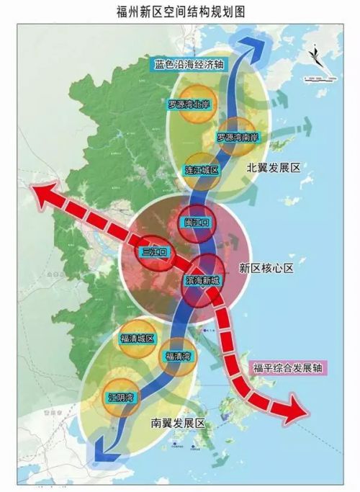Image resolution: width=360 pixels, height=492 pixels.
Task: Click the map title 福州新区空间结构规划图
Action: [x=180, y=11]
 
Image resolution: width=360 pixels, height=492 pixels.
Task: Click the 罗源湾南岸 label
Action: [x=238, y=135]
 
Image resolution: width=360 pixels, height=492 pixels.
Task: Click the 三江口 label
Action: [x=153, y=252]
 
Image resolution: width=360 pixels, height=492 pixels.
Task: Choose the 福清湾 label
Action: [x=176, y=355]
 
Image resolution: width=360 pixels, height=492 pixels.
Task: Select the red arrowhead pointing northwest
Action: [x=42, y=192]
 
